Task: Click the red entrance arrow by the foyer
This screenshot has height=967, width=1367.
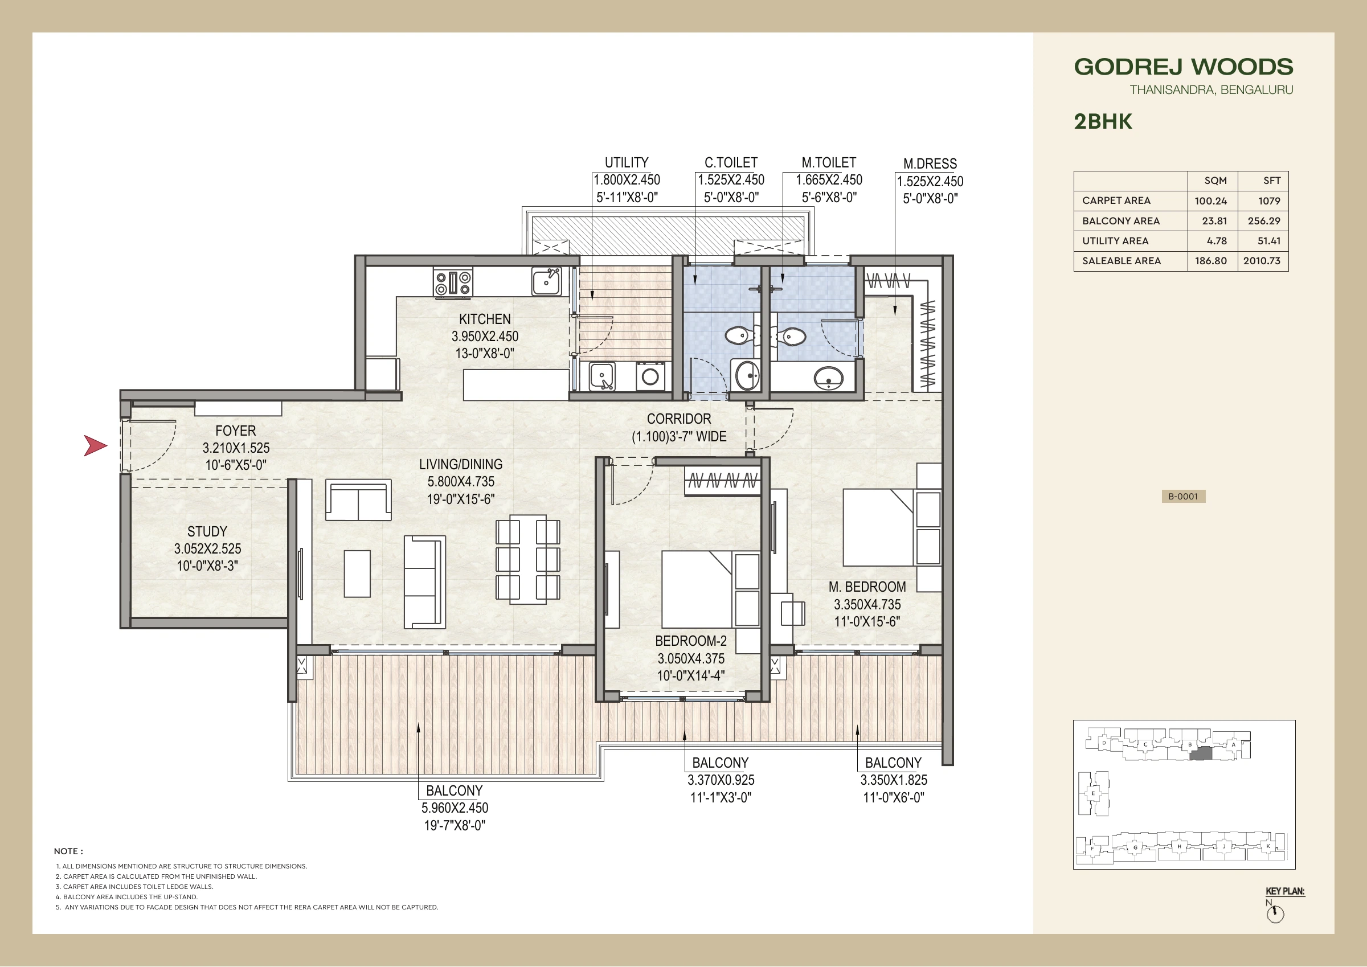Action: (95, 445)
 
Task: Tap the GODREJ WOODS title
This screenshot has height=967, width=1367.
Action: (1184, 67)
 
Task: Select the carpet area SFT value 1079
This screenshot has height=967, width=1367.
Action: (1270, 200)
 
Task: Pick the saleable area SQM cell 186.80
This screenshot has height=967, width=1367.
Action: (1210, 261)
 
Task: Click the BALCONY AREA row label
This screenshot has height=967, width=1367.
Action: (1120, 221)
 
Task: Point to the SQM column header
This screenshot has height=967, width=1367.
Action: (1215, 181)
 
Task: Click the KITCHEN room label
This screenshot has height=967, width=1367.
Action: (485, 319)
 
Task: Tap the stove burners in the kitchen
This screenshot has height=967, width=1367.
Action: (453, 282)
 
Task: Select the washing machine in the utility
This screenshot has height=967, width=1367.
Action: (650, 376)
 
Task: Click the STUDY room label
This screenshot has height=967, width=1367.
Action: (207, 532)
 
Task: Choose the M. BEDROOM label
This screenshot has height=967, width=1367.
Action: (867, 587)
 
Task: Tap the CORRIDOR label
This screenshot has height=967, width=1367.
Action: (679, 419)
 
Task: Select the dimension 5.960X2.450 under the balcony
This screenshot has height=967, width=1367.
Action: (455, 808)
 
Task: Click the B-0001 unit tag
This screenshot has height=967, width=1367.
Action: (1184, 497)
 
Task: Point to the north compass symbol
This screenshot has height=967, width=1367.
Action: (1275, 914)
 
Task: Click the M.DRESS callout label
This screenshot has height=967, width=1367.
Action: (930, 164)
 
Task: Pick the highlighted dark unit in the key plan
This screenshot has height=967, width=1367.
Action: (1200, 753)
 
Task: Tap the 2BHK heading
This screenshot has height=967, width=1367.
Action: (1103, 121)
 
